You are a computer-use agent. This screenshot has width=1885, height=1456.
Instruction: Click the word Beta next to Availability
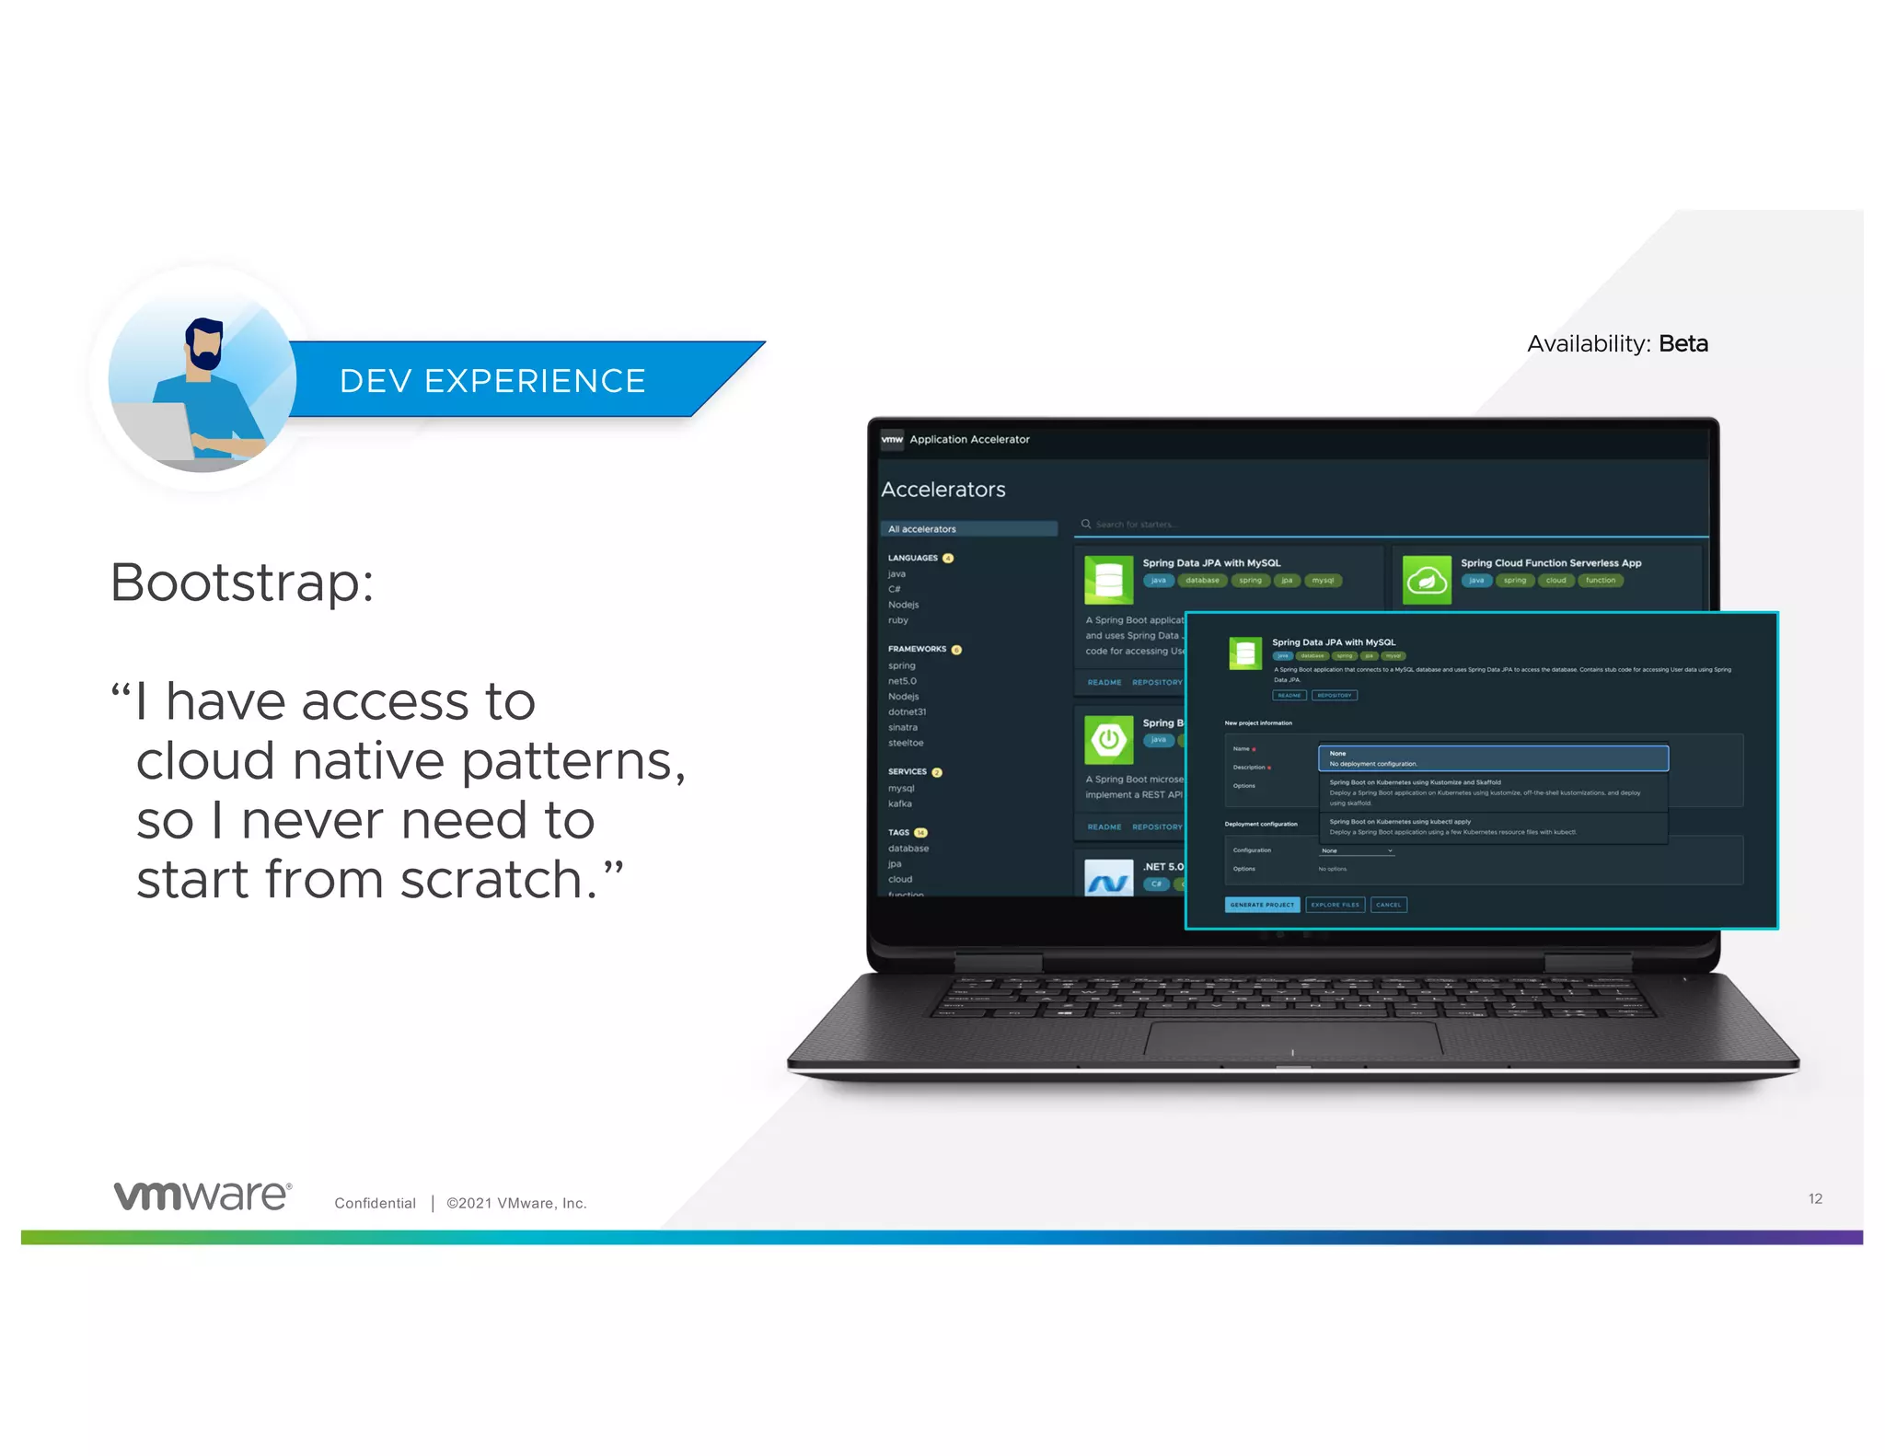[1683, 344]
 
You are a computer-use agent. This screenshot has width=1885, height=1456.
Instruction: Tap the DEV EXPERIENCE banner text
[492, 381]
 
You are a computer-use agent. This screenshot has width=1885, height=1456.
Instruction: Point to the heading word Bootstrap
[242, 583]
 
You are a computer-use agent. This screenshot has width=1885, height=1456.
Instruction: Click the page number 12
[1814, 1198]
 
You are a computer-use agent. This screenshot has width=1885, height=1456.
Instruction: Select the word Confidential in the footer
[375, 1203]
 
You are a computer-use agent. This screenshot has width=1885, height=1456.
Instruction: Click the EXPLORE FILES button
[1334, 905]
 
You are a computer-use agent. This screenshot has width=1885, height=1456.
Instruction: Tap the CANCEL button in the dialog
[1388, 905]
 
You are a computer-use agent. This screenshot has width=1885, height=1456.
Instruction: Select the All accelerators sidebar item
[968, 529]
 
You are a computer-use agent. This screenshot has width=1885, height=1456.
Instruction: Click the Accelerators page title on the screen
[942, 490]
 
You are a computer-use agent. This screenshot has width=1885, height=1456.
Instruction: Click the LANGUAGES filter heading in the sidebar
[912, 558]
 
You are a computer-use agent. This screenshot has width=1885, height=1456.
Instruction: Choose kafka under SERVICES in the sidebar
[899, 803]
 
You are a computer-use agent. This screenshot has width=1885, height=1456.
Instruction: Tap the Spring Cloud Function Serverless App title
[1550, 562]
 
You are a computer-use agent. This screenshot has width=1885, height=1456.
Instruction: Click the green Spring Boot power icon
[1108, 739]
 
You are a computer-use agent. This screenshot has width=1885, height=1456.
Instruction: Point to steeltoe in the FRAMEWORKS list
[905, 743]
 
